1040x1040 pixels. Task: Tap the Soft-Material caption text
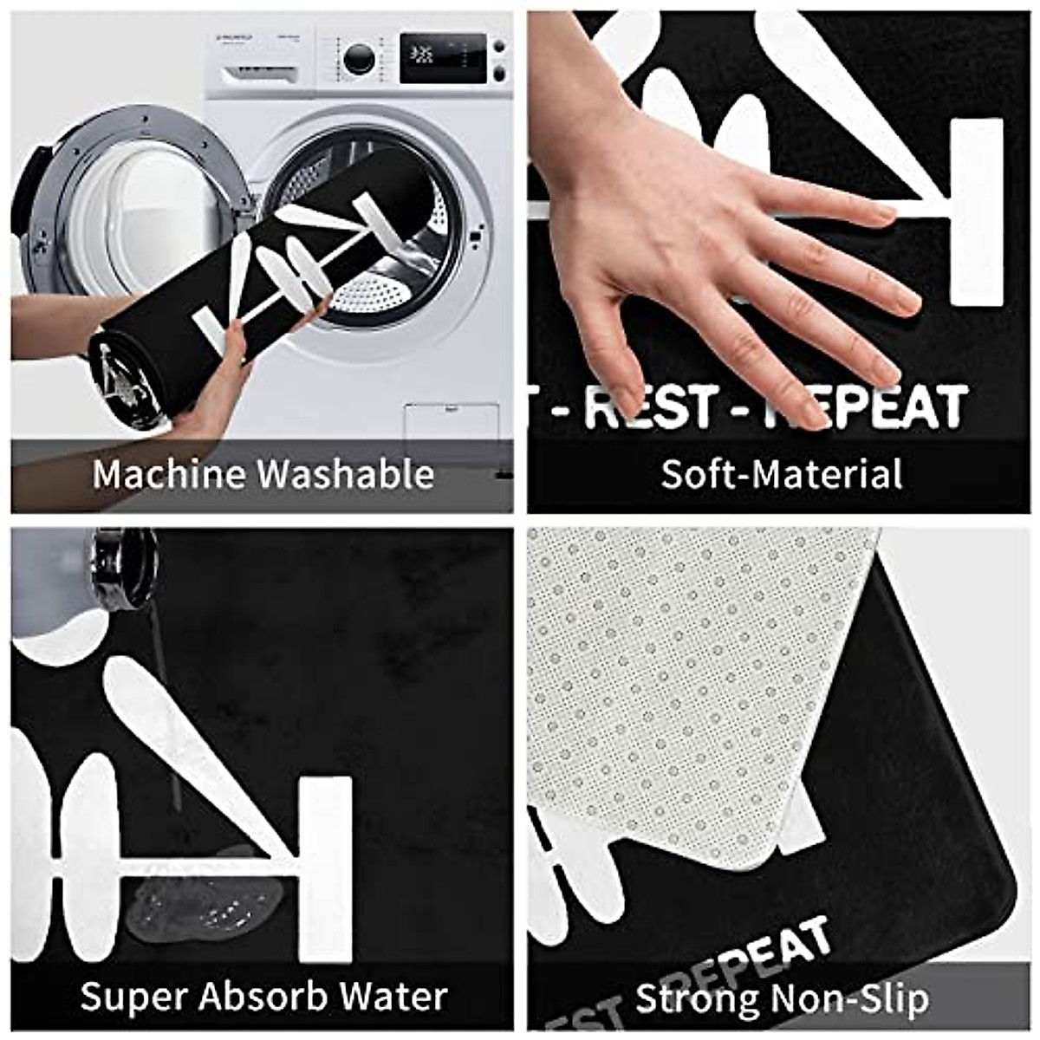[781, 474]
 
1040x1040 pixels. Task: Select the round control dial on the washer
[359, 58]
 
